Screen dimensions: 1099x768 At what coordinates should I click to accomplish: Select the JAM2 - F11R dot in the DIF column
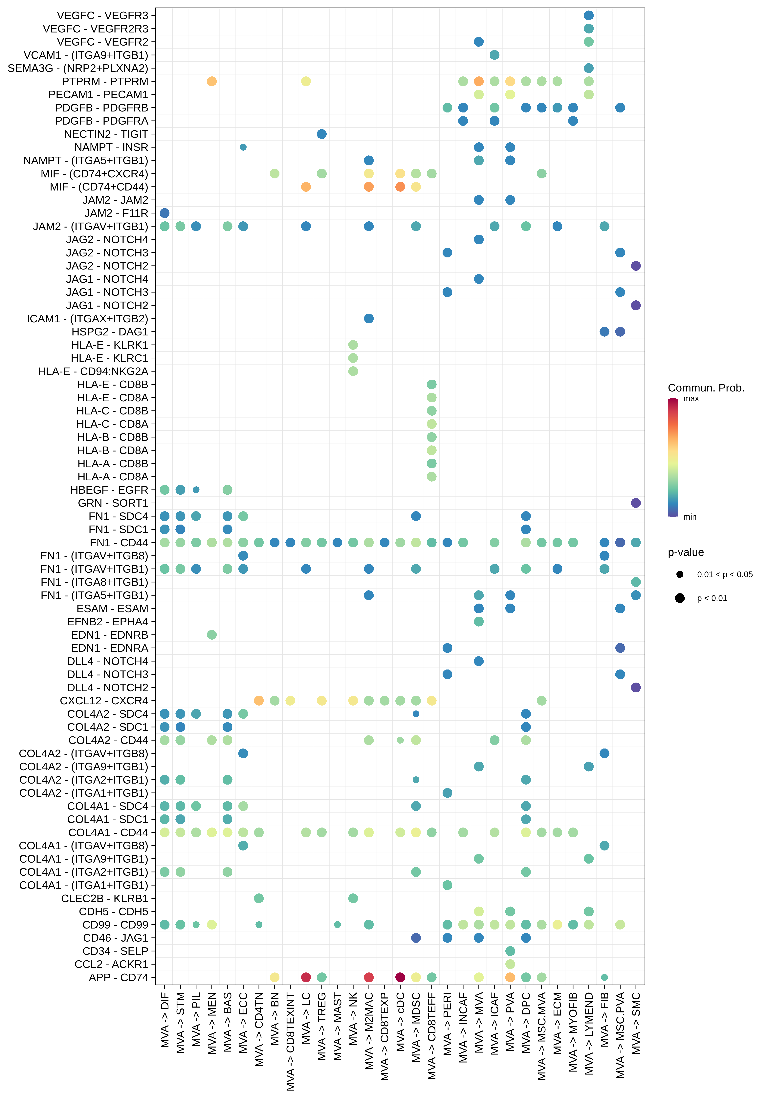164,213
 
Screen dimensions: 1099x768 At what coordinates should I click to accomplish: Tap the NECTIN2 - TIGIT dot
321,134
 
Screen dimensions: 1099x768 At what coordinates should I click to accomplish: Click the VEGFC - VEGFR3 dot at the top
589,15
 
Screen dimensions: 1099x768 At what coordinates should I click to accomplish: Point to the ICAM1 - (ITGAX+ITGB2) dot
368,318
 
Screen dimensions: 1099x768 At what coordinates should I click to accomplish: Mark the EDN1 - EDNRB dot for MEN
211,635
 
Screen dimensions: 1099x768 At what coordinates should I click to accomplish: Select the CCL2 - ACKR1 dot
510,964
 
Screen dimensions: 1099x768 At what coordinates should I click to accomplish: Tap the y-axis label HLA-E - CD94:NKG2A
93,371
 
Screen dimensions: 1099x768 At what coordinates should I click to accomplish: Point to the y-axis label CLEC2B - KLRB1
104,898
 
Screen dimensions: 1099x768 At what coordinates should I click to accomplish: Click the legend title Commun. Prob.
706,388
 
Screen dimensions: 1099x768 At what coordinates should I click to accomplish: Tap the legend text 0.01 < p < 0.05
724,574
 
